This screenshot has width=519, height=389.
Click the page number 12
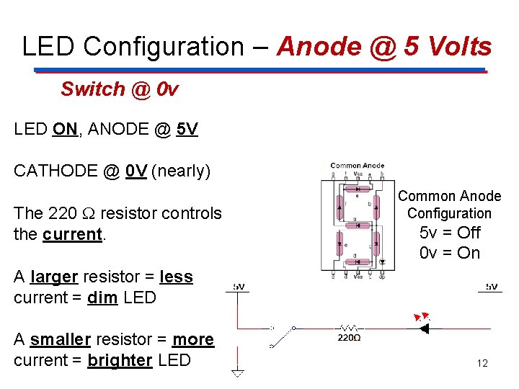click(482, 363)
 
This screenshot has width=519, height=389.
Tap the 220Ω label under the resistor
click(349, 337)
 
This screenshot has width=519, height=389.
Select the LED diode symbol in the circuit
click(423, 328)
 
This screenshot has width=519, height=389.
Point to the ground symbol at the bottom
click(237, 374)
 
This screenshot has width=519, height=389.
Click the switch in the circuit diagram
click(283, 336)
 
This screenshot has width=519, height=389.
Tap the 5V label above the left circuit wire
click(238, 287)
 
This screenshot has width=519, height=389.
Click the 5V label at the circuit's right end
click(492, 287)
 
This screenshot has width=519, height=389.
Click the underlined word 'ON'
click(65, 130)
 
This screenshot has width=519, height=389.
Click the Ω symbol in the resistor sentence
click(89, 213)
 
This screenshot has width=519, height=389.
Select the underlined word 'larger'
click(54, 277)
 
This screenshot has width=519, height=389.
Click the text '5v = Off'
click(450, 233)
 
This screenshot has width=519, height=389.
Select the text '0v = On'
click(450, 253)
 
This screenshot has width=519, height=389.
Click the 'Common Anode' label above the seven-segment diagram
click(357, 166)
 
